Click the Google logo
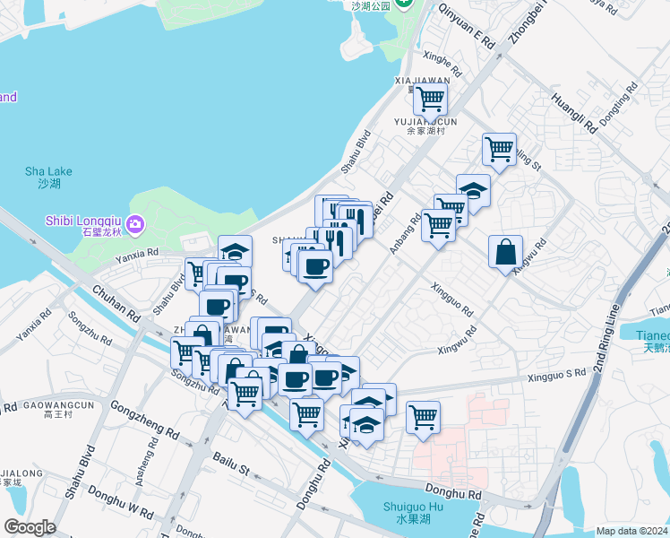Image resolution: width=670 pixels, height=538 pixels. point(30,527)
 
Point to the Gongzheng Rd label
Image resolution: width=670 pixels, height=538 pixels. point(144,420)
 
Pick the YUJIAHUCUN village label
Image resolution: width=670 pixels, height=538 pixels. point(425,120)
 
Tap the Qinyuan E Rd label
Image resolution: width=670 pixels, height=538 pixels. point(466,25)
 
